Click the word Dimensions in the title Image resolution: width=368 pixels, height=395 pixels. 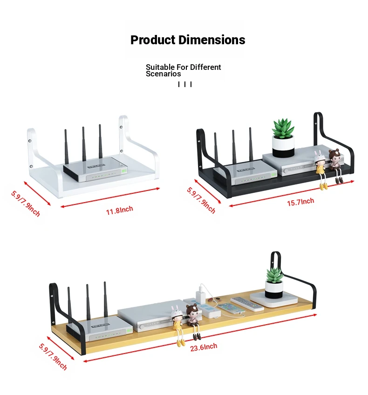(x=212, y=40)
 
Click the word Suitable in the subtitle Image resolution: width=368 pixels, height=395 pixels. (x=160, y=67)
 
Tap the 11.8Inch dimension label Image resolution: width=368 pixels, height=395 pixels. (x=119, y=211)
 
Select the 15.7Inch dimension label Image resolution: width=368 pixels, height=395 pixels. (x=300, y=202)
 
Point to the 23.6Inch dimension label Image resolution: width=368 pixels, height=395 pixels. (x=204, y=347)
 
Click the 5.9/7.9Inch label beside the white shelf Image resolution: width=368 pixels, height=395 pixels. (x=26, y=204)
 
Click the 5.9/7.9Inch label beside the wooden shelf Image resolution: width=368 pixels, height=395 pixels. (x=53, y=357)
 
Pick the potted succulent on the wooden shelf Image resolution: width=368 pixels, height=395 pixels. (x=274, y=283)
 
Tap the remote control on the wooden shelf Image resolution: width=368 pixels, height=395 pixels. (x=247, y=304)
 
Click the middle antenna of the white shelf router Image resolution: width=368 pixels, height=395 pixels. (x=84, y=144)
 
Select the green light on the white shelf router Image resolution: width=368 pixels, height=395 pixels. (x=124, y=171)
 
